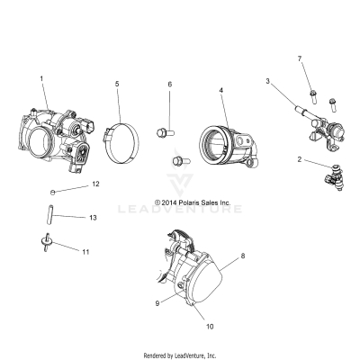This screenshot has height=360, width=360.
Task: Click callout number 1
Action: pyautogui.click(x=41, y=79)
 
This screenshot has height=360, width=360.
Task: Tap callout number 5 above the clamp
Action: pyautogui.click(x=116, y=84)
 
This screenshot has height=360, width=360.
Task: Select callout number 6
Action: pyautogui.click(x=168, y=84)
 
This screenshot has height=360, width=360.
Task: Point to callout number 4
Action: pyautogui.click(x=220, y=90)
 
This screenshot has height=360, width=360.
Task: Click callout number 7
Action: pyautogui.click(x=300, y=58)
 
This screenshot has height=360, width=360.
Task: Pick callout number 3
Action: pyautogui.click(x=267, y=81)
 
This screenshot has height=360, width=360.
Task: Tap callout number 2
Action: pyautogui.click(x=299, y=159)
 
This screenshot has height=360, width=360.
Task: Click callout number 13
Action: pyautogui.click(x=93, y=217)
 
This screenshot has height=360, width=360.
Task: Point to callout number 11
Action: pyautogui.click(x=86, y=252)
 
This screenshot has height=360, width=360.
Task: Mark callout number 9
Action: pyautogui.click(x=157, y=303)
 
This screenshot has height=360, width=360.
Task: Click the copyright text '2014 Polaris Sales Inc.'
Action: pyautogui.click(x=193, y=203)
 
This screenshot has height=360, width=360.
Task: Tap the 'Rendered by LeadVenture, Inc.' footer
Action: pyautogui.click(x=180, y=355)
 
